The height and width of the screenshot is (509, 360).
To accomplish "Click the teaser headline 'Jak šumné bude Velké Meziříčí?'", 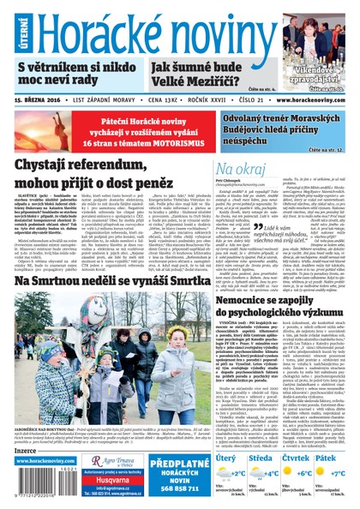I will point(200,75).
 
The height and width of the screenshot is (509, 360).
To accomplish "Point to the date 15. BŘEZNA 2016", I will point(41,99).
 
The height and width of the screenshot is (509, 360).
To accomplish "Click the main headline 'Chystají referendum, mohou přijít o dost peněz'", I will point(106,176).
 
